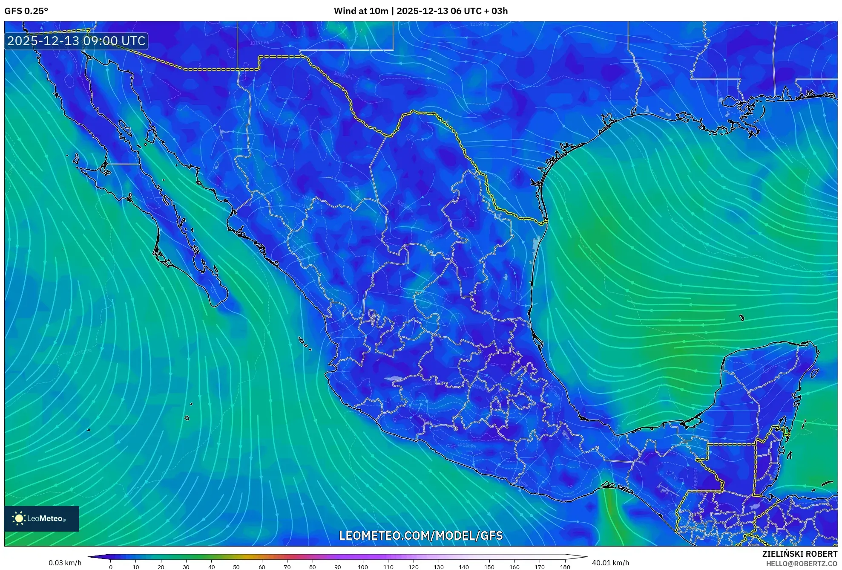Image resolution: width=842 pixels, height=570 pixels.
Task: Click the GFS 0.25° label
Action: (x=26, y=11)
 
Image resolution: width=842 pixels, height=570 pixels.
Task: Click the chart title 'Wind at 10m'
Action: (x=361, y=11)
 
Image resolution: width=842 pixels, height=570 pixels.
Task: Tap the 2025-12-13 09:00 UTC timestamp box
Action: (x=76, y=41)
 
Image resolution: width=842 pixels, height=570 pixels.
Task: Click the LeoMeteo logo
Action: (x=42, y=518)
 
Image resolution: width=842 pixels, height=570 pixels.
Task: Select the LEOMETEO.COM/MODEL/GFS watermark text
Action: (x=421, y=536)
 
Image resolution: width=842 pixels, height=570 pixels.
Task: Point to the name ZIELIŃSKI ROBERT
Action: (x=799, y=554)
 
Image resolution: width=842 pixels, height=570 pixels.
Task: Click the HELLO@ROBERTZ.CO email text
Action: (x=802, y=564)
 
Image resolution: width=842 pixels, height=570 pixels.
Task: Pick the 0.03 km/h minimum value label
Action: (x=65, y=563)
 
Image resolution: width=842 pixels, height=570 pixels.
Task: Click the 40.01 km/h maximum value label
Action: (x=610, y=563)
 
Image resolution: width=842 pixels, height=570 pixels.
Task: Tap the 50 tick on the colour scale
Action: (x=236, y=567)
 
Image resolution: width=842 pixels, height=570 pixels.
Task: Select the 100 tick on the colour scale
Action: (x=362, y=567)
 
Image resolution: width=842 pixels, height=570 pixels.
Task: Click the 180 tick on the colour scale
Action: (x=565, y=567)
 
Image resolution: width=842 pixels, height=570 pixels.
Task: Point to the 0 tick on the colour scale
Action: (x=111, y=567)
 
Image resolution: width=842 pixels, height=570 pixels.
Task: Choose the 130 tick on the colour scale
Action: (x=438, y=567)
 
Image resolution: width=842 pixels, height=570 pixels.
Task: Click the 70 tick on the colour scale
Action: (x=287, y=567)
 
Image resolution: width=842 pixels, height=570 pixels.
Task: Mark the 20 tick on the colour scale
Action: (x=161, y=567)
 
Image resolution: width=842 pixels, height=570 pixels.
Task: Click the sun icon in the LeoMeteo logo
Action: (x=19, y=518)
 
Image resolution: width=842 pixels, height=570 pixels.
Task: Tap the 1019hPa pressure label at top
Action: (x=480, y=24)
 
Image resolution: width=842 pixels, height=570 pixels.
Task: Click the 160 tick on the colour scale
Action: (x=514, y=567)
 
